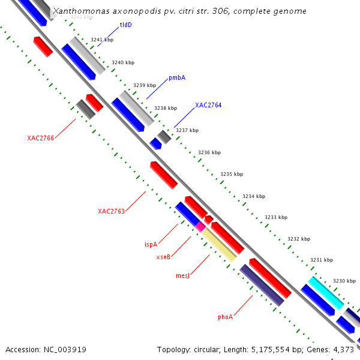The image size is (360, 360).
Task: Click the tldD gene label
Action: [125, 25]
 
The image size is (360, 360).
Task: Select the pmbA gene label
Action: [176, 78]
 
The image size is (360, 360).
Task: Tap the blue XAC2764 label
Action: [208, 106]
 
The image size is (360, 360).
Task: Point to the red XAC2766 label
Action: [40, 139]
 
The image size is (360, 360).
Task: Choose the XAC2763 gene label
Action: [111, 211]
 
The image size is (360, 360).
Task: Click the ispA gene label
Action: [151, 245]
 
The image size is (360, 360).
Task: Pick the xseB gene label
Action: [163, 257]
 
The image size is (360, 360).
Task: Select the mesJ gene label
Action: [182, 276]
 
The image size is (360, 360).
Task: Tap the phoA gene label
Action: [225, 317]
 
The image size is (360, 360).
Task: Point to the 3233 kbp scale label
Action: [275, 217]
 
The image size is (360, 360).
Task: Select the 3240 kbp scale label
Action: [123, 62]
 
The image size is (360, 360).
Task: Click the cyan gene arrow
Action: [326, 292]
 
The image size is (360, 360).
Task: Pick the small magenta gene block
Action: [200, 226]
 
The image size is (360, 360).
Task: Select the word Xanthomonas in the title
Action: [78, 11]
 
